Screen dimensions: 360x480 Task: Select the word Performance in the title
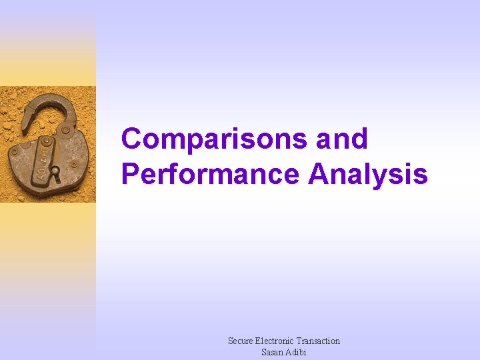point(210,174)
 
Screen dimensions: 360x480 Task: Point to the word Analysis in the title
point(367,174)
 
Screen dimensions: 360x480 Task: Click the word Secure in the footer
point(241,341)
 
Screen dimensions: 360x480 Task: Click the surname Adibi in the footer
point(296,352)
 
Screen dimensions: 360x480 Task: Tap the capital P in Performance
point(131,174)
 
